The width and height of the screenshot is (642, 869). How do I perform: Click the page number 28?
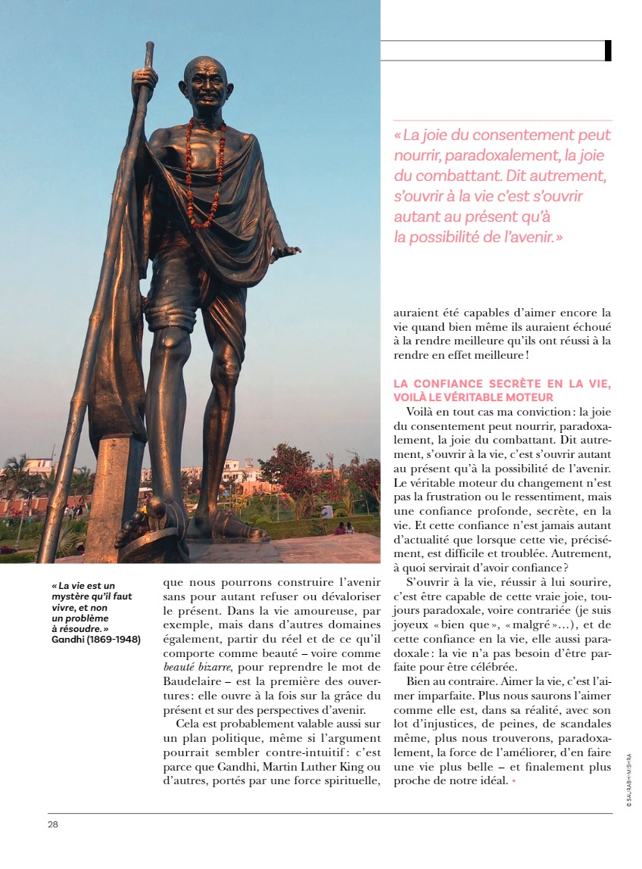tap(53, 824)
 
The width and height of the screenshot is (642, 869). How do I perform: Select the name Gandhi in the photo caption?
tap(68, 640)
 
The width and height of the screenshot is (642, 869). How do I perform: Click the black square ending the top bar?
tap(608, 51)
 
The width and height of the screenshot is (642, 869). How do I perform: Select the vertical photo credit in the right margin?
tap(628, 780)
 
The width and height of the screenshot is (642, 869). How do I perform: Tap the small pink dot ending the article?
tap(513, 780)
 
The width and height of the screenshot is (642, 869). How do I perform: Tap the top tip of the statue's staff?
tap(150, 45)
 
